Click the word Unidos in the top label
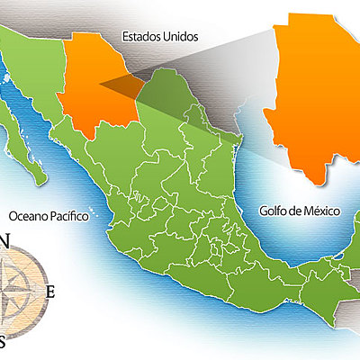coord(182,38)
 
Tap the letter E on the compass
coord(51,291)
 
